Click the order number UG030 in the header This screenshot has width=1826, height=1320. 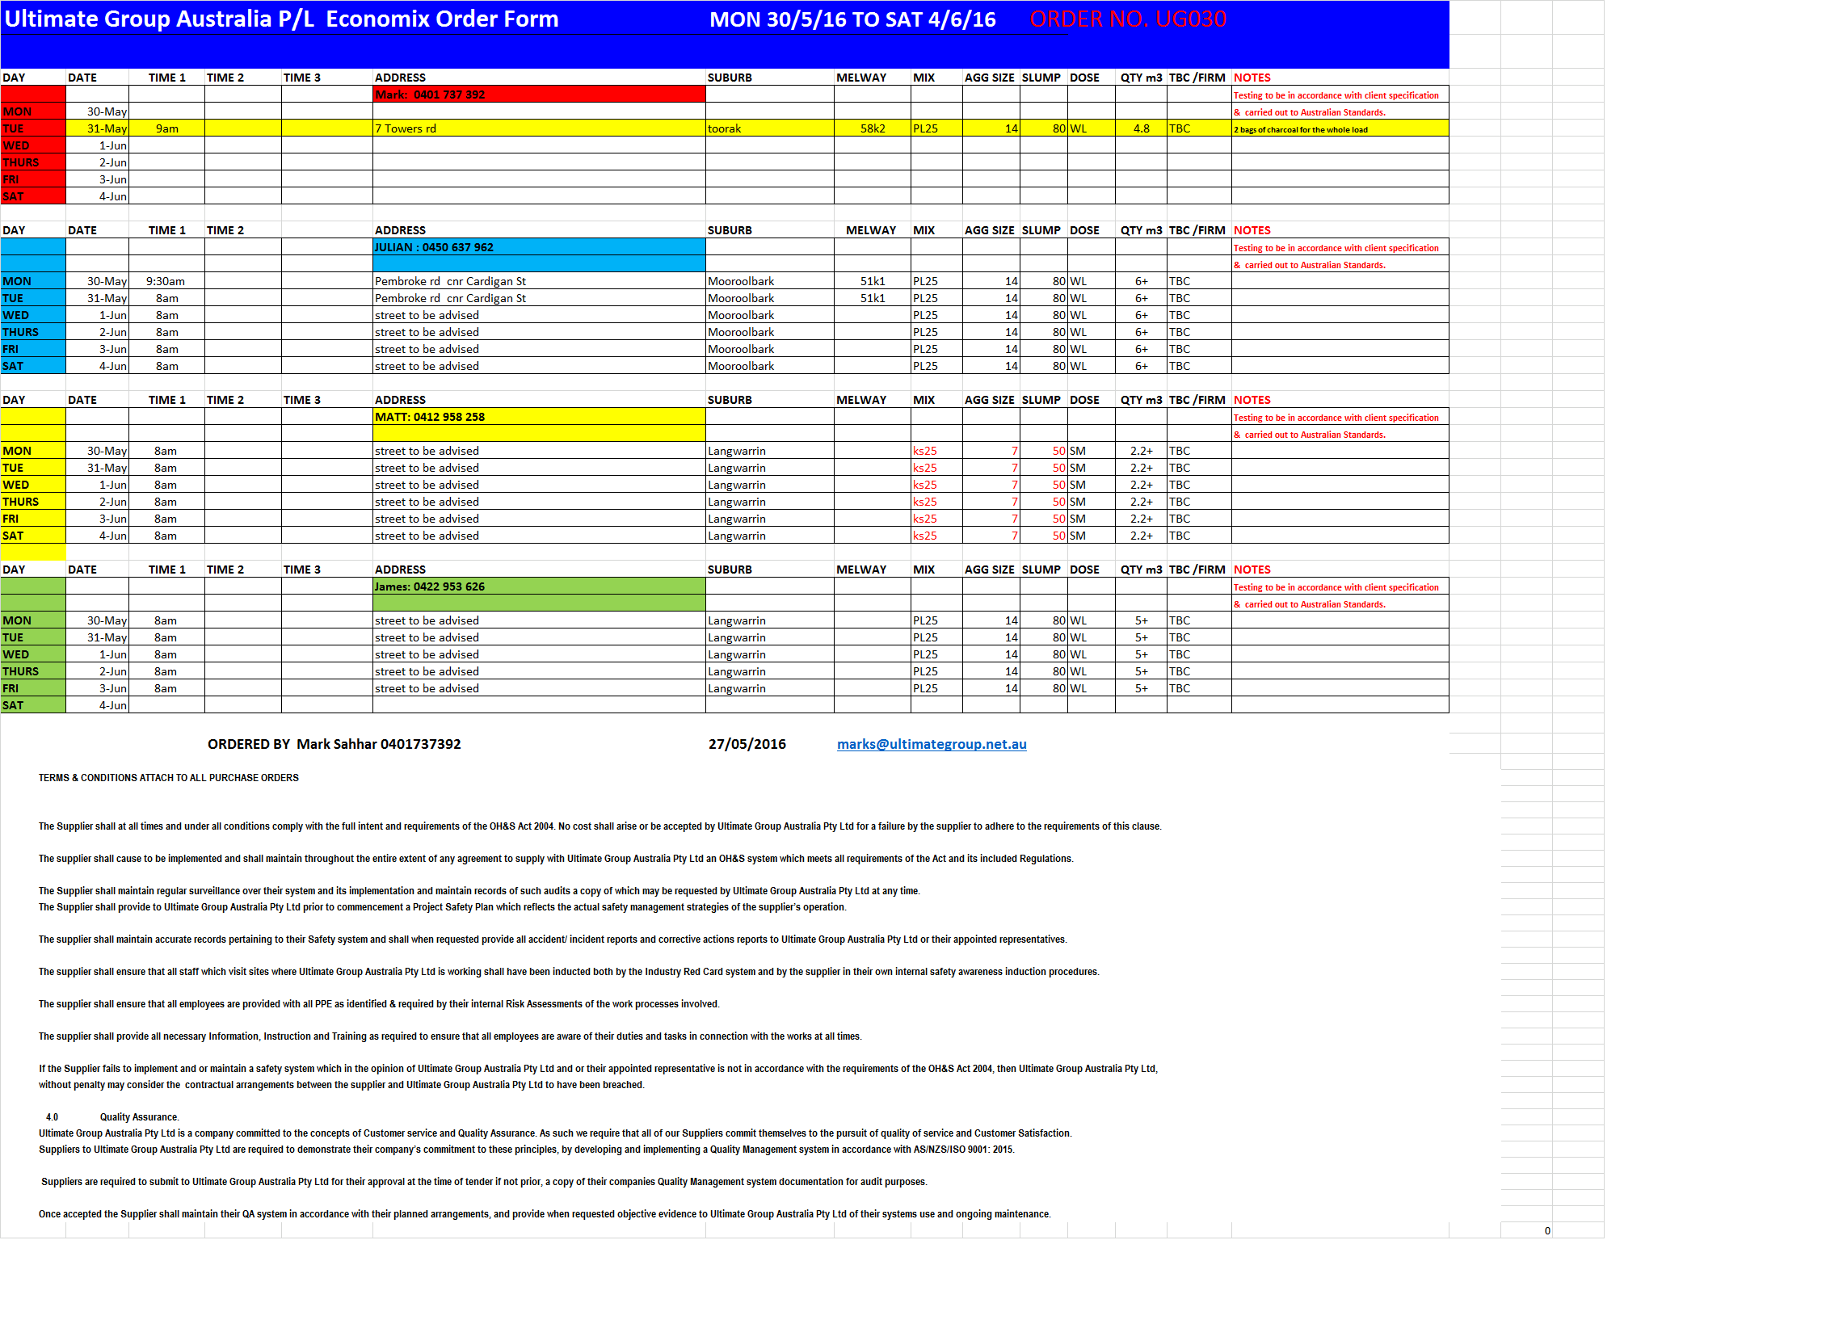click(1128, 19)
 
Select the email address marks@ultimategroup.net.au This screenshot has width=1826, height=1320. click(932, 744)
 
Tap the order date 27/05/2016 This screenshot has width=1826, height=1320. click(747, 744)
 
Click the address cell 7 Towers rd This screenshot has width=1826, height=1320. click(406, 128)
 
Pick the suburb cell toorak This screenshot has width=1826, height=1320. click(724, 128)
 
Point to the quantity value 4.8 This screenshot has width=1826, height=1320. click(1141, 128)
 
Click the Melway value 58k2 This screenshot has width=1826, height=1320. click(873, 128)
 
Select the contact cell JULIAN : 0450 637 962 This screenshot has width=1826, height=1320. click(434, 247)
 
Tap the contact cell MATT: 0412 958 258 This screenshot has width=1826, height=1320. click(430, 417)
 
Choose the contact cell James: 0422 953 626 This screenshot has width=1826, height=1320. click(430, 586)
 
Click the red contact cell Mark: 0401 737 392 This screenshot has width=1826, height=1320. click(430, 95)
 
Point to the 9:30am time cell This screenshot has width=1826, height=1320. click(166, 281)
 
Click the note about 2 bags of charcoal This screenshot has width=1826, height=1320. click(1301, 129)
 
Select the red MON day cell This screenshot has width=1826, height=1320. click(17, 111)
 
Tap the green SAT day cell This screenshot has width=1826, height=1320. click(13, 705)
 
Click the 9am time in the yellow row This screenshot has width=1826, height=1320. click(167, 128)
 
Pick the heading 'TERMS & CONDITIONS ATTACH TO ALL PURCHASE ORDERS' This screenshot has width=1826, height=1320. click(169, 778)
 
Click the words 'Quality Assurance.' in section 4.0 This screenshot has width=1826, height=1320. click(139, 1117)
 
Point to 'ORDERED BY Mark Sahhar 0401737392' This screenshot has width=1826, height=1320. click(334, 744)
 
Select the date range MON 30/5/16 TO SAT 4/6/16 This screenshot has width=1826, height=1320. click(852, 19)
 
